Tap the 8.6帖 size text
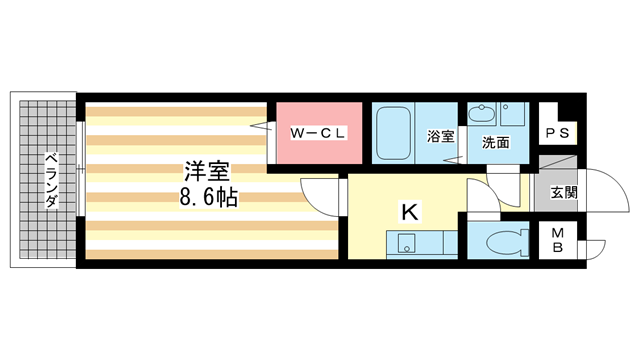(208, 197)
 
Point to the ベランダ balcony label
(49, 180)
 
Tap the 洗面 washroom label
(496, 143)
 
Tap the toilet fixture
(499, 241)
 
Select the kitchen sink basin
(406, 243)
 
